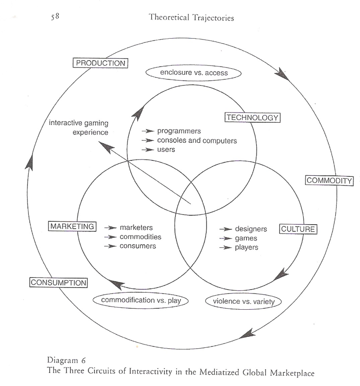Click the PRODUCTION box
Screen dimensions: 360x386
(100, 63)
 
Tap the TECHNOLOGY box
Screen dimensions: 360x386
(253, 117)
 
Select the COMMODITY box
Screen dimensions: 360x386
(329, 181)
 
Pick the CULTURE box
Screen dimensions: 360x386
(298, 229)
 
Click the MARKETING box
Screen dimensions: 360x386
(72, 226)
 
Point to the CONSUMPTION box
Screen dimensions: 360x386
(58, 282)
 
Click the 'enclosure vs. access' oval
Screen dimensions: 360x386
(193, 73)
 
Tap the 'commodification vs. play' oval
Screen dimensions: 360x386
(140, 300)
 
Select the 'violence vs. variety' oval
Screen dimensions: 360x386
(243, 301)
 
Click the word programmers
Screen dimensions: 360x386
(179, 131)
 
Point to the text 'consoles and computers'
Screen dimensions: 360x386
(197, 140)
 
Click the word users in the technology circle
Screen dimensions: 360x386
(166, 149)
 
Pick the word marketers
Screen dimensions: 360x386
(136, 227)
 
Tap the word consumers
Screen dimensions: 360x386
(138, 246)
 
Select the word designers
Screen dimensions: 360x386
(251, 229)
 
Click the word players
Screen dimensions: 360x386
(247, 247)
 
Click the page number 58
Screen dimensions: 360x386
(55, 17)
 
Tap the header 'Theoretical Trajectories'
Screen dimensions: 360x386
(191, 18)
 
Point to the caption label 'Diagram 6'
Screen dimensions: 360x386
(66, 360)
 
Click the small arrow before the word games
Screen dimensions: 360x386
(226, 238)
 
